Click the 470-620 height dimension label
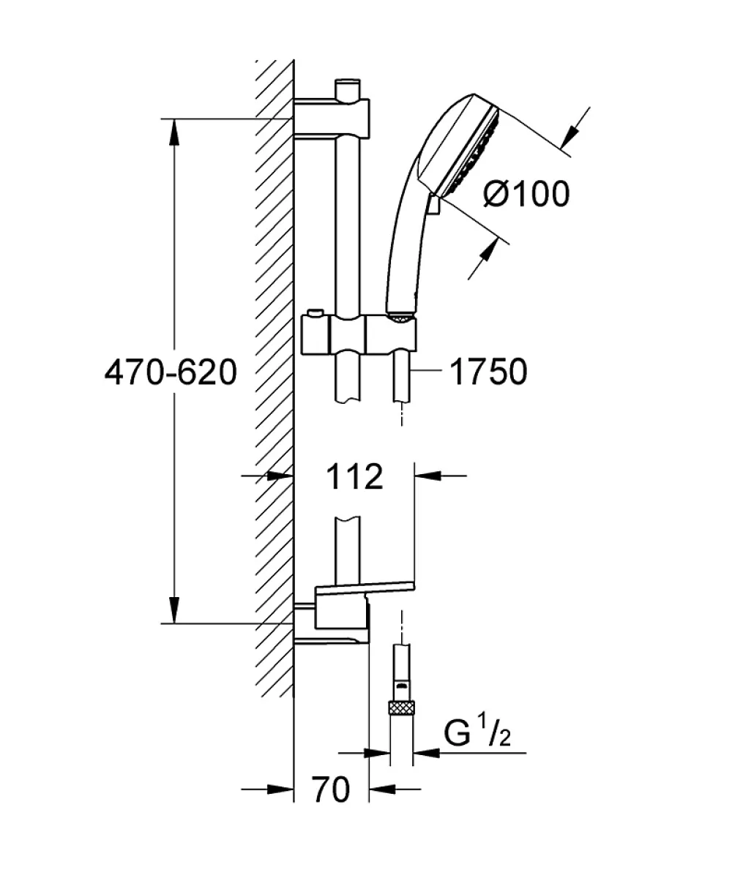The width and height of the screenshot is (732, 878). pos(171,372)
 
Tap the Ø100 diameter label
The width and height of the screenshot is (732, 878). pos(527,194)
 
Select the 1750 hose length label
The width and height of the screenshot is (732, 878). pos(488,372)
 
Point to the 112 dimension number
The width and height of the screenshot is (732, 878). pos(354,476)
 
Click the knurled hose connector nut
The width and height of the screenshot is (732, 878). pos(402,708)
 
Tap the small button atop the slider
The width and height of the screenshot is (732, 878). pos(315,313)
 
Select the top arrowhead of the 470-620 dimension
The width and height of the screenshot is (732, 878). pos(174,132)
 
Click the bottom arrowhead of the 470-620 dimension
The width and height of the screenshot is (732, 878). pos(174,609)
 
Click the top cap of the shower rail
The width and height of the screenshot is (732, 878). pos(348,89)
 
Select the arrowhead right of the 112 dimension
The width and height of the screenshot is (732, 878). pos(427,476)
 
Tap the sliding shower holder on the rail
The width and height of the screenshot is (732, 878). pos(359,334)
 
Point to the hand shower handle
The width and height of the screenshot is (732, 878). pos(405,252)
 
